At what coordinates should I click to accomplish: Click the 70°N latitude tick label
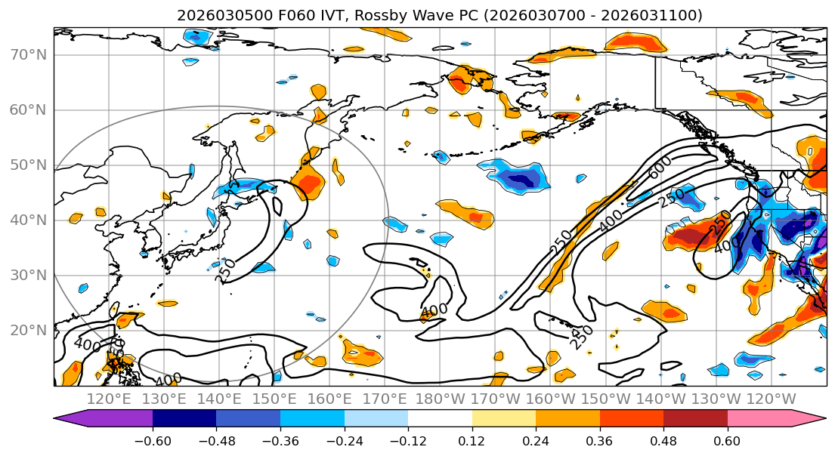coord(28,54)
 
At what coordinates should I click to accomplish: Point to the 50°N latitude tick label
coord(28,165)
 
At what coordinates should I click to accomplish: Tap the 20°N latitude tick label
coord(28,330)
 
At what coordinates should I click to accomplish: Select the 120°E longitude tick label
coord(110,399)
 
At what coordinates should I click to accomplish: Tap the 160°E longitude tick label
coord(329,399)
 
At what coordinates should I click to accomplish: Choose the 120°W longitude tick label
coord(770,399)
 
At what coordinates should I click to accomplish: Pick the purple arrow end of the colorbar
coord(63,419)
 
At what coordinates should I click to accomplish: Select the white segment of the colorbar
coord(440,419)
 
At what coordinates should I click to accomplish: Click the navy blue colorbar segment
coord(184,419)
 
